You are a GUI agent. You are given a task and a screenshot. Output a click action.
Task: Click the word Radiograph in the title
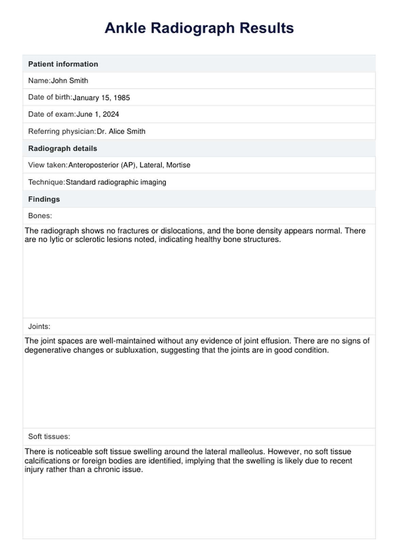193,28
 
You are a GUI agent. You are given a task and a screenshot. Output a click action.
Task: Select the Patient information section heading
63,64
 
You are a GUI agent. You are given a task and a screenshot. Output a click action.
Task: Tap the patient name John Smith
69,81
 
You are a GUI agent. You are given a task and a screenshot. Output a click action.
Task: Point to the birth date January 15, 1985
101,98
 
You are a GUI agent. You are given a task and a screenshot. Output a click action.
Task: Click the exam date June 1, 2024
98,114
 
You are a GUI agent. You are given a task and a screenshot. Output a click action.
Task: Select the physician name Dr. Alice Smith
121,131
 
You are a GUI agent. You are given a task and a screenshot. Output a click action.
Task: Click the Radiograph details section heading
63,148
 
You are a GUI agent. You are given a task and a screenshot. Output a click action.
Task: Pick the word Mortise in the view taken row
178,165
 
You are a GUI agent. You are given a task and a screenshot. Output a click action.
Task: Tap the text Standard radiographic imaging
116,182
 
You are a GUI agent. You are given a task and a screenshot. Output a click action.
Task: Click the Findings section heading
44,199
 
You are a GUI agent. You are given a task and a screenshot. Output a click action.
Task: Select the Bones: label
40,216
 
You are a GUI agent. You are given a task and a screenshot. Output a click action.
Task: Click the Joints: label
39,327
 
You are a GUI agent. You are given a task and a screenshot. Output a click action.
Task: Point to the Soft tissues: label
49,437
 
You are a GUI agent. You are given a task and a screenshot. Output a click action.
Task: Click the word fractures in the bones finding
133,231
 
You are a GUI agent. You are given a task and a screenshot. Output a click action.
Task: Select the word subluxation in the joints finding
136,350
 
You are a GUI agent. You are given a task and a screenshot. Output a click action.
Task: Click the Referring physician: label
62,131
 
